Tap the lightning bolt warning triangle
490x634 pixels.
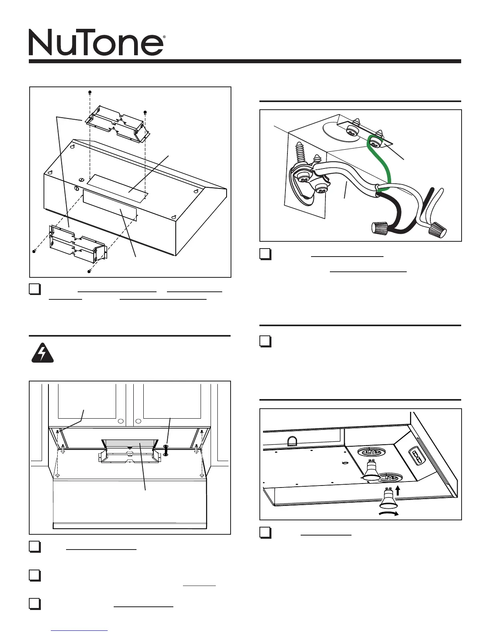click(42, 353)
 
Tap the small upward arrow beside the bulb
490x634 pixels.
click(398, 490)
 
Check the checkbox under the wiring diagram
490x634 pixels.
click(265, 255)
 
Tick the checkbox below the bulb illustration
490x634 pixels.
click(265, 533)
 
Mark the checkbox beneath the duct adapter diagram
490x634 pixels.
click(35, 289)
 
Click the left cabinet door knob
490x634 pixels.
click(120, 421)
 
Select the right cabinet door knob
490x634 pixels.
click(138, 421)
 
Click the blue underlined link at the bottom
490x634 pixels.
click(80, 630)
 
